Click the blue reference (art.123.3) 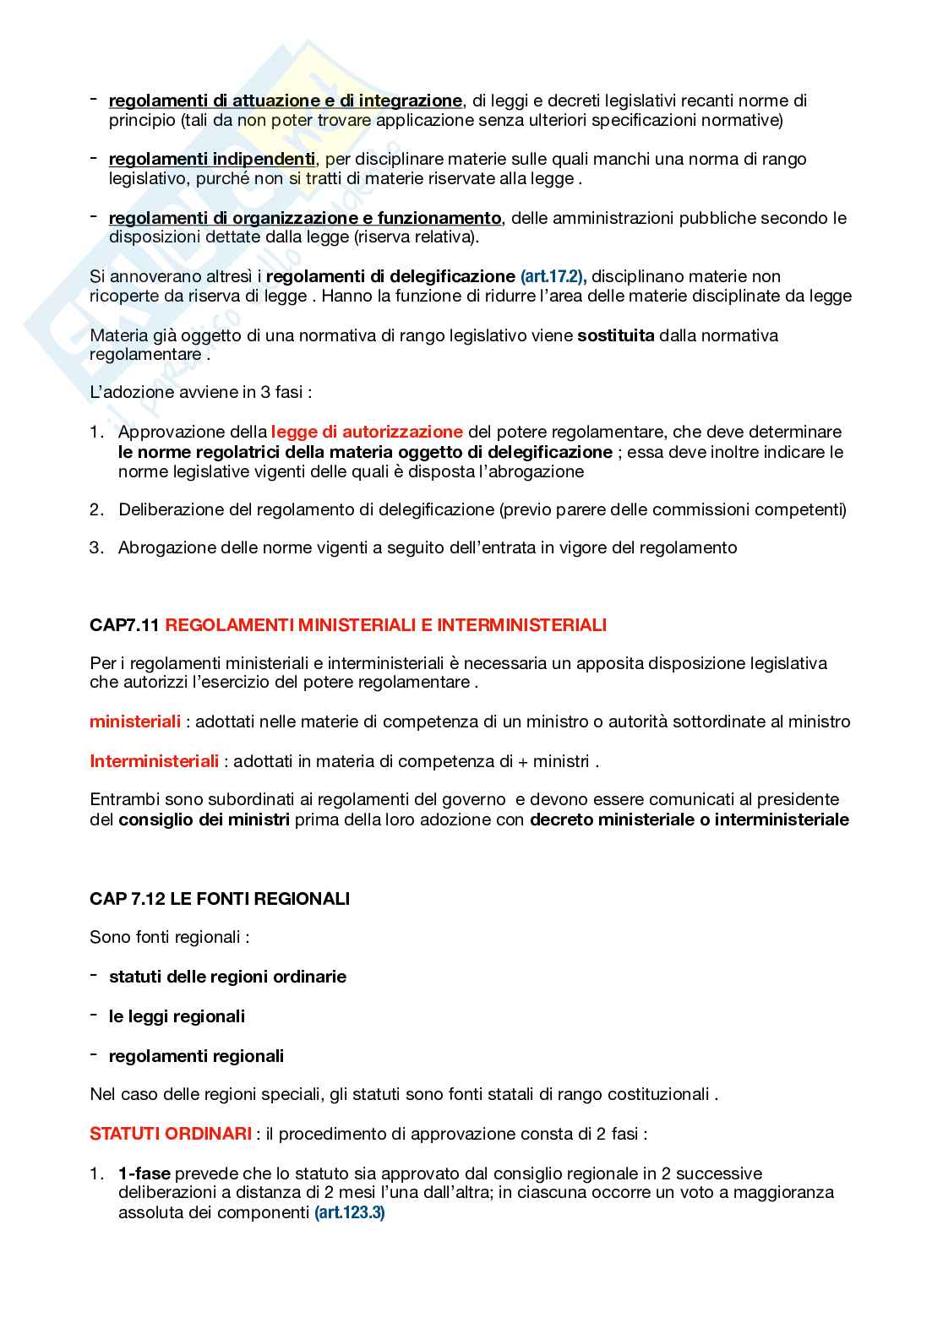click(x=349, y=1212)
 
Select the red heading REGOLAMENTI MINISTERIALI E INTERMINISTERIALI click(x=386, y=625)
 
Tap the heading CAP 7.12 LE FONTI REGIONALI click(x=220, y=898)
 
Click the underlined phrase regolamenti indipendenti click(x=212, y=159)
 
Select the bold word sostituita click(x=616, y=335)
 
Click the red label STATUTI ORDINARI click(x=171, y=1133)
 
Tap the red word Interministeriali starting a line click(x=155, y=761)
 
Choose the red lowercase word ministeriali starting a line click(x=135, y=721)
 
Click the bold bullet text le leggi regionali click(x=177, y=1016)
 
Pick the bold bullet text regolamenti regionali click(x=196, y=1056)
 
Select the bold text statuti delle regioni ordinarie click(x=227, y=977)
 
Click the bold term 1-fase click(x=144, y=1173)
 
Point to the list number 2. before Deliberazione click(x=96, y=509)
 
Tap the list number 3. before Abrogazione click(x=96, y=547)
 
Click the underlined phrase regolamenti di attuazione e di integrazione click(x=286, y=101)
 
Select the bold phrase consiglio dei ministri click(x=204, y=819)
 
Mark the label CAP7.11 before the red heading click(x=124, y=625)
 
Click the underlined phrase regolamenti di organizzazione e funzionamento click(x=305, y=218)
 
